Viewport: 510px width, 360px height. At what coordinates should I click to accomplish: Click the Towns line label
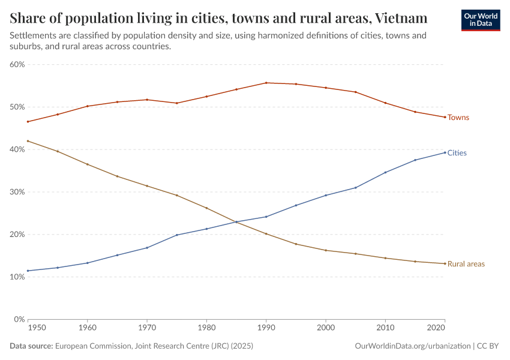[458, 118]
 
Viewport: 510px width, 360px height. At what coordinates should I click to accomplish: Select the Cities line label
[457, 153]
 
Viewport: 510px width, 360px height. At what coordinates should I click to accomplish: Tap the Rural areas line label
[466, 264]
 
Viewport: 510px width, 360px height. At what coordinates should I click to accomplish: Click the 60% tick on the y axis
[16, 64]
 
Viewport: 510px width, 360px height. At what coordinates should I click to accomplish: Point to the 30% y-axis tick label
[16, 192]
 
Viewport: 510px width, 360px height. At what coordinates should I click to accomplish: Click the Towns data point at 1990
[266, 83]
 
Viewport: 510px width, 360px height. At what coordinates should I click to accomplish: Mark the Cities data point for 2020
[445, 152]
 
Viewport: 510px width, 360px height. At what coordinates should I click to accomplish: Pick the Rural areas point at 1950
[28, 141]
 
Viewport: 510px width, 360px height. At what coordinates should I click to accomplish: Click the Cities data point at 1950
[28, 271]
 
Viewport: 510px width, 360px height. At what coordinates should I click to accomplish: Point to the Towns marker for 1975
[176, 103]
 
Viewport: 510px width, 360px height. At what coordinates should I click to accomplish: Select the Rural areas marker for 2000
[325, 250]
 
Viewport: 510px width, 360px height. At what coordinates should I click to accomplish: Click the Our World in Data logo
[480, 20]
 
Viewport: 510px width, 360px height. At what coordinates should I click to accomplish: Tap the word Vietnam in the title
[397, 18]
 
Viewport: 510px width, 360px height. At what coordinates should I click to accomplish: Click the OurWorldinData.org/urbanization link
[412, 346]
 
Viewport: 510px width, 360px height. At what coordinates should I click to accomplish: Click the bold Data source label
[31, 346]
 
